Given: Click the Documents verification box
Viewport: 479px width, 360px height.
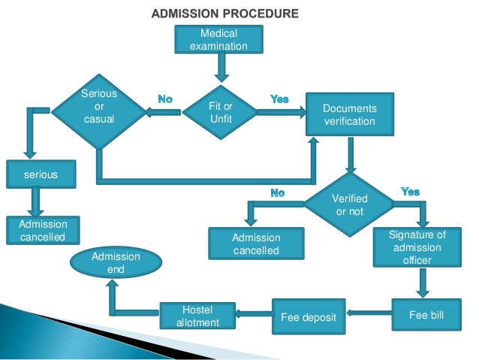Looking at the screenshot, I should click(x=349, y=115).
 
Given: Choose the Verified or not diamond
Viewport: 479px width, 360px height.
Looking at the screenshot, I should click(x=348, y=204).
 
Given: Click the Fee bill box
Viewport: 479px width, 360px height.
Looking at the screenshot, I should click(x=426, y=314).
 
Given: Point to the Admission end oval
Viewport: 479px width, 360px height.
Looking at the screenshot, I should click(x=116, y=262).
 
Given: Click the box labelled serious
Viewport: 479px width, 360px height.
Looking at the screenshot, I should click(x=41, y=175).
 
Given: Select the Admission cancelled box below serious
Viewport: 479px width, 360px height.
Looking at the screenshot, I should click(x=42, y=231).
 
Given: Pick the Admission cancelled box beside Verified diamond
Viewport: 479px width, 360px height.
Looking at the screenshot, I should click(x=256, y=244).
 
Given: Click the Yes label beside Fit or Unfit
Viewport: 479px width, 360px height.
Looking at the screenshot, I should click(x=279, y=99).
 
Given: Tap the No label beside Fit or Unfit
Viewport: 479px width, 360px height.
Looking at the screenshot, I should click(x=165, y=99).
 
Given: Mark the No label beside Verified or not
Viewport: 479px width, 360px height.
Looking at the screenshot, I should click(x=278, y=193).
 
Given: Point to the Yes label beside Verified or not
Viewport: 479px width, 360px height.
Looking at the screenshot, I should click(x=410, y=192).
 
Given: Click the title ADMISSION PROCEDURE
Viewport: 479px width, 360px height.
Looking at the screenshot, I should click(x=225, y=14).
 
